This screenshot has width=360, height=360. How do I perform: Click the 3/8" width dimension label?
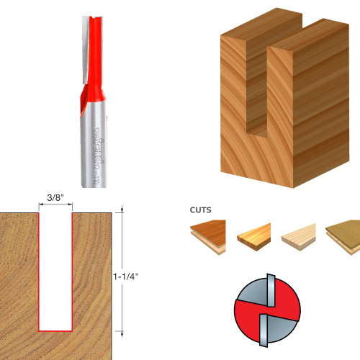(55, 197)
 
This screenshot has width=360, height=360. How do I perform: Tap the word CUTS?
(201, 212)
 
